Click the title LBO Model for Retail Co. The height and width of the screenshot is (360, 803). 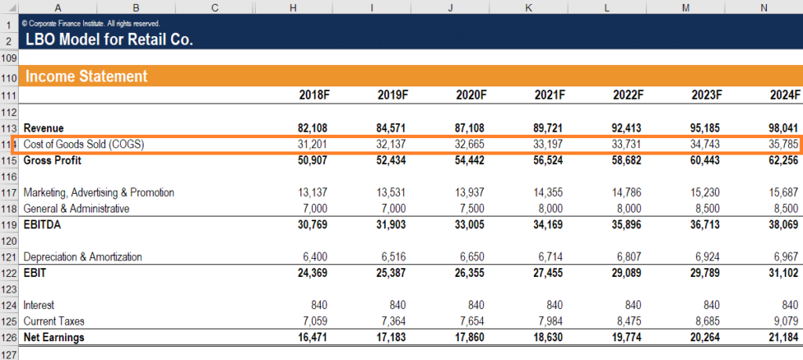click(109, 39)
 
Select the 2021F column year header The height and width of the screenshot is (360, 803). click(550, 95)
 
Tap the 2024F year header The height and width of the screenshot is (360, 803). click(785, 95)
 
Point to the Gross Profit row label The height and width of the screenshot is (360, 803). click(53, 160)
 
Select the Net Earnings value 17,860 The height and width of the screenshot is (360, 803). click(472, 337)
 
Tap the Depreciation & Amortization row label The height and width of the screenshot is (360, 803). click(82, 257)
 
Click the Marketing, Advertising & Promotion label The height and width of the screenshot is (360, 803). click(99, 193)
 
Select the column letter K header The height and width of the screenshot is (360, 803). click(529, 7)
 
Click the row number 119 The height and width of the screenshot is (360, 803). click(9, 225)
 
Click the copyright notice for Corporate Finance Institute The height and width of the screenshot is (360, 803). click(92, 24)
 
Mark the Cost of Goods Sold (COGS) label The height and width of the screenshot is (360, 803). click(84, 144)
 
